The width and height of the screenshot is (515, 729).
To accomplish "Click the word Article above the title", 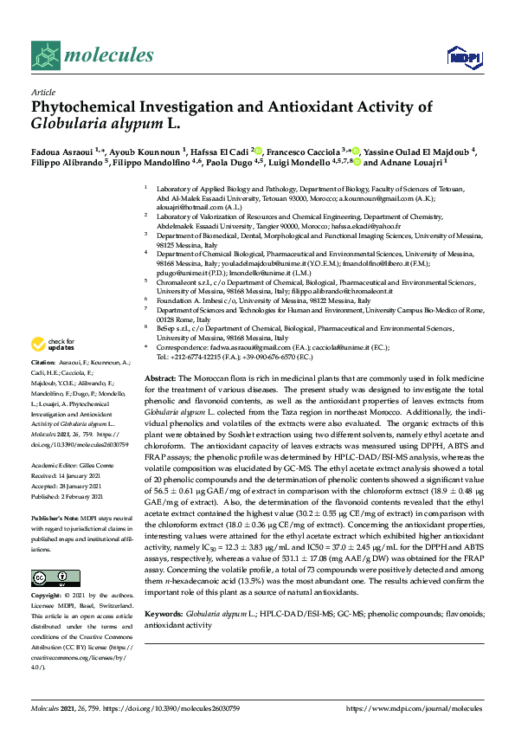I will click(42, 92).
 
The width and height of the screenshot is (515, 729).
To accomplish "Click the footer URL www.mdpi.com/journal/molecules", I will click(415, 709).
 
